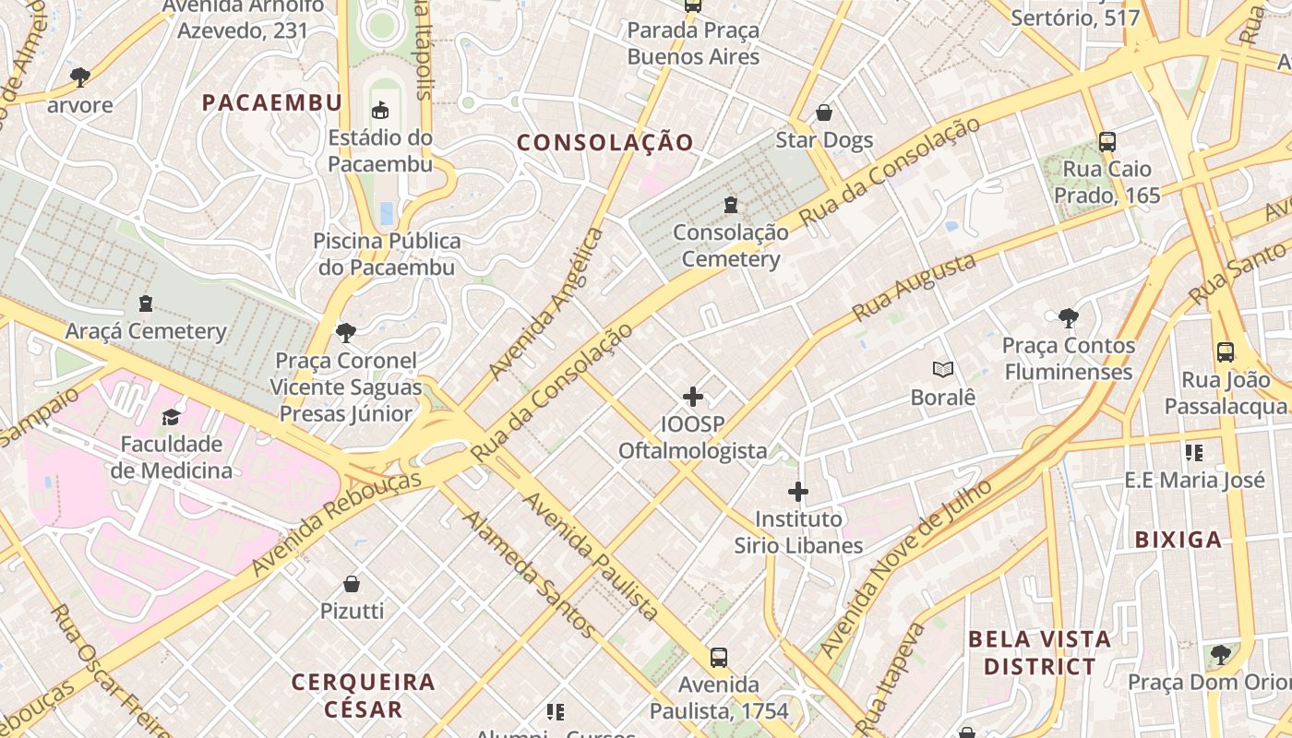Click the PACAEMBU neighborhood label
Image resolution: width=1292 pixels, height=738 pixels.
[x=272, y=102]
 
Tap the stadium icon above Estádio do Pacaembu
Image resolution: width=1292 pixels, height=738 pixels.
[x=379, y=111]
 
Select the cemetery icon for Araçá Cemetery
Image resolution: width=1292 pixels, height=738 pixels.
[x=145, y=303]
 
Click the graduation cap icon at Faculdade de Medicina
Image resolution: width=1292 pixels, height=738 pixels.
[x=171, y=417]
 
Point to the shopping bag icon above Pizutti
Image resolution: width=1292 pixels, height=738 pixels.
[x=352, y=584]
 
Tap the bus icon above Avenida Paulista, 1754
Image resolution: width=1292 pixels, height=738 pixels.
[x=719, y=658]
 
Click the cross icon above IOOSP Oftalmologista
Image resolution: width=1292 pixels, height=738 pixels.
[x=693, y=398]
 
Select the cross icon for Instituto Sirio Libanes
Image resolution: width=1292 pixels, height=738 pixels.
[x=798, y=492]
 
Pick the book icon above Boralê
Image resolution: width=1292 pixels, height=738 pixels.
[x=942, y=370]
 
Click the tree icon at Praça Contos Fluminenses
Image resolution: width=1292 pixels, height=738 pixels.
[x=1068, y=318]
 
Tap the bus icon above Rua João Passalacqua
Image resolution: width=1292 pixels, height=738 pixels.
[x=1225, y=352]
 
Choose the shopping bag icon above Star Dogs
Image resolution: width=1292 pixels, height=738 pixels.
[x=823, y=113]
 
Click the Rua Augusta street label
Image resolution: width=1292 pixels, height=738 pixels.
[x=914, y=287]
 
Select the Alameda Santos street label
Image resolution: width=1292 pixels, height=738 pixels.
[x=529, y=573]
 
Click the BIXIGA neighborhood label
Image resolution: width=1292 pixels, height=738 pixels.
[x=1178, y=540]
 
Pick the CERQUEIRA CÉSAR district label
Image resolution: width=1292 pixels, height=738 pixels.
[x=363, y=696]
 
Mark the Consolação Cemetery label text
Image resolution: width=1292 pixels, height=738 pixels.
[x=731, y=246]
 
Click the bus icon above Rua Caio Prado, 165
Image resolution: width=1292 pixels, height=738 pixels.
[x=1107, y=142]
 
